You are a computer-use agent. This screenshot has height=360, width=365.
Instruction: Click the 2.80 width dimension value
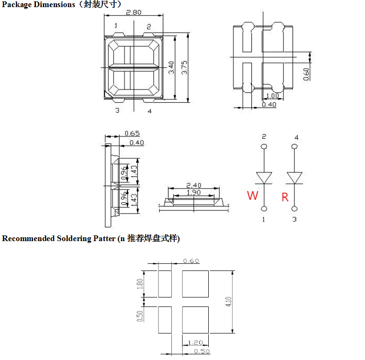(134, 13)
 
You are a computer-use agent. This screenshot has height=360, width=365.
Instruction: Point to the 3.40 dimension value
(172, 66)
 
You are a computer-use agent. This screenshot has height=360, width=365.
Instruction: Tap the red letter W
(253, 196)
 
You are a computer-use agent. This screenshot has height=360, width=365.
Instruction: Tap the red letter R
(285, 197)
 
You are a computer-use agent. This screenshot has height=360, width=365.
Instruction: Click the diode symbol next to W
(264, 178)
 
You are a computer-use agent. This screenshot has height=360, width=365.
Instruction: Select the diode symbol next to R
(295, 178)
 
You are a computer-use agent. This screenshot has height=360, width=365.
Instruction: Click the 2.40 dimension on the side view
(194, 185)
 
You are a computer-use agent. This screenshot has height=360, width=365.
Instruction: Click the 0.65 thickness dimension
(132, 134)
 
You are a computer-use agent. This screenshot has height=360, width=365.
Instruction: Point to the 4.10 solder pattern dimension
(229, 302)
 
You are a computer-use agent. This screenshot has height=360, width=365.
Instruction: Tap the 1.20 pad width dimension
(196, 342)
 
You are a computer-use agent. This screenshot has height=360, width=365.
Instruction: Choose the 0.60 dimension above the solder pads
(191, 261)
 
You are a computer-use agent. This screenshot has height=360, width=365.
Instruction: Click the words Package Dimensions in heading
(38, 4)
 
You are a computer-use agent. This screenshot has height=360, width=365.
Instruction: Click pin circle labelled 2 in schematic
(264, 147)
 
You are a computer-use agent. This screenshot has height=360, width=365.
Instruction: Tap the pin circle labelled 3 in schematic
(295, 208)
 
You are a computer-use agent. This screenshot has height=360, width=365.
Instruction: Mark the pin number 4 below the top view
(150, 111)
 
